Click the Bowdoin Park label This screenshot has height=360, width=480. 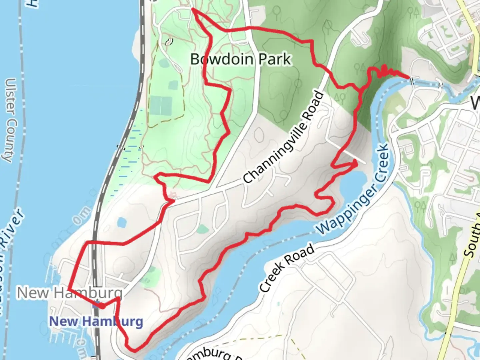coord(241,59)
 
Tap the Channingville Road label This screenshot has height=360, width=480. coord(284,137)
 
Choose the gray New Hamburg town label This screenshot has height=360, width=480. coord(70,293)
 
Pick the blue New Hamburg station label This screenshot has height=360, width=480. coord(96,321)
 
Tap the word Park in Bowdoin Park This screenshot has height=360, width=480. coord(274,59)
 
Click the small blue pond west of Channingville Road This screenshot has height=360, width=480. coord(122,222)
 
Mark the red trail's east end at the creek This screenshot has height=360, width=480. coord(409,77)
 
